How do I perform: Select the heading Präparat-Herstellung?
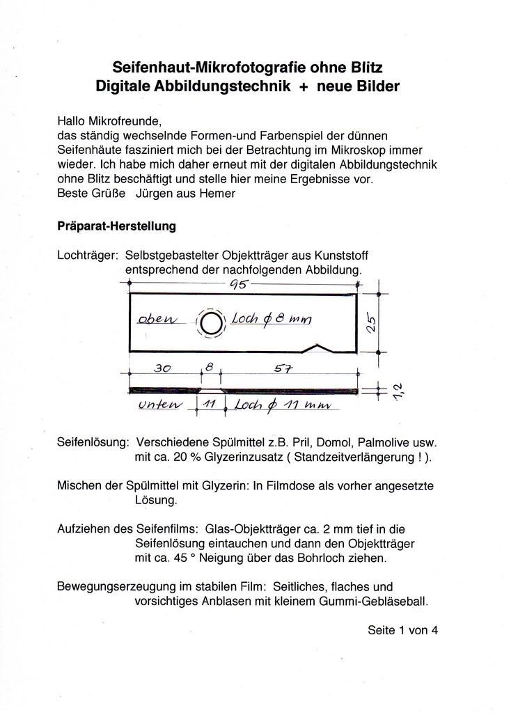(x=117, y=226)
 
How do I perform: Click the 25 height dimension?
(x=372, y=322)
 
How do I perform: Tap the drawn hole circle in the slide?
(x=212, y=322)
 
